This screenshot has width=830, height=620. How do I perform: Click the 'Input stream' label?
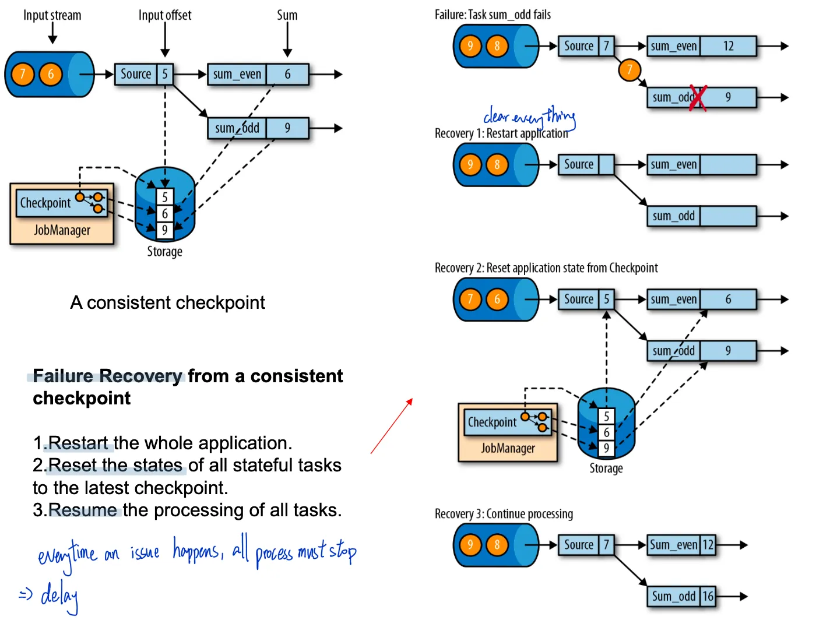click(x=52, y=15)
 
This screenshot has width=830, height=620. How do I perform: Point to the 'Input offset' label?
click(x=164, y=15)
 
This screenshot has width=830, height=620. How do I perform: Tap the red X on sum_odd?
click(x=698, y=98)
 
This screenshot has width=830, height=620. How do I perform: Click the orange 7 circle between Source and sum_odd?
click(x=629, y=70)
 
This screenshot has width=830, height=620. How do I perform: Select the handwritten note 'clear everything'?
click(x=529, y=117)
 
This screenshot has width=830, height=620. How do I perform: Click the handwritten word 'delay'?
click(x=59, y=596)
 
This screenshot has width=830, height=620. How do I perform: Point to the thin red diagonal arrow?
click(x=392, y=426)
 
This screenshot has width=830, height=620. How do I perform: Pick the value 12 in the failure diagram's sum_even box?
click(x=728, y=46)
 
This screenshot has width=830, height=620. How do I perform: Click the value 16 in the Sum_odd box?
click(x=708, y=596)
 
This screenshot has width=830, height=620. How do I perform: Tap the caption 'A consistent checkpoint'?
click(x=167, y=302)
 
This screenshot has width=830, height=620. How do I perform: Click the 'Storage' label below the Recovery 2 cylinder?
click(x=606, y=468)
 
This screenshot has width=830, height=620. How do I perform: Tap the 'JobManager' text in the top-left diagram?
click(x=62, y=230)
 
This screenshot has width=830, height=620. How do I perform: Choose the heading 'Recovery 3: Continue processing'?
click(x=504, y=514)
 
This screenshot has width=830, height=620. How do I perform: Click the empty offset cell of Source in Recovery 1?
click(x=606, y=165)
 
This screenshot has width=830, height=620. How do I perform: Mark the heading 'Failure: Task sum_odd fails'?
click(x=493, y=15)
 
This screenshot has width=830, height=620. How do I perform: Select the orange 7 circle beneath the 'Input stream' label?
click(x=23, y=74)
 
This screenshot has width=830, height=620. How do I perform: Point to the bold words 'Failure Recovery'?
click(x=107, y=376)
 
